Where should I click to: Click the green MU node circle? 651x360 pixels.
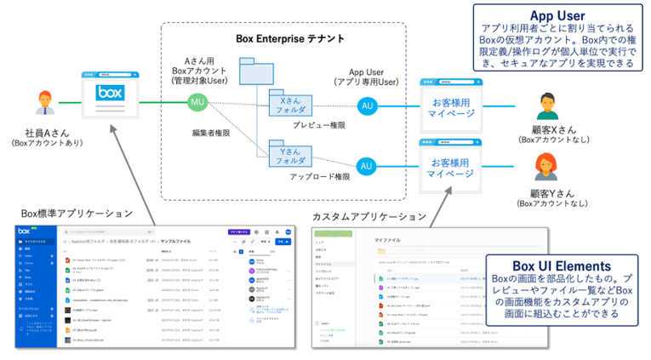pyautogui.click(x=197, y=104)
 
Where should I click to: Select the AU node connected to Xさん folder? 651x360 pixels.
pyautogui.click(x=366, y=106)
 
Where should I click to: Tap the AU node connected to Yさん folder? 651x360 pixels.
pyautogui.click(x=366, y=165)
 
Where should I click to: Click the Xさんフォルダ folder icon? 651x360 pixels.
pyautogui.click(x=289, y=104)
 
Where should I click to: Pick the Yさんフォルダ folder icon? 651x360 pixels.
pyautogui.click(x=289, y=155)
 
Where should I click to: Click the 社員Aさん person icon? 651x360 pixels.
pyautogui.click(x=45, y=103)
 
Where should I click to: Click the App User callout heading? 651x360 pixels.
pyautogui.click(x=557, y=15)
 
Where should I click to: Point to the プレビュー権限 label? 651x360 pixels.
pyautogui.click(x=319, y=125)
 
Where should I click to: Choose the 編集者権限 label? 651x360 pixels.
pyautogui.click(x=214, y=133)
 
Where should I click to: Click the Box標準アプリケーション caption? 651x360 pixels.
pyautogui.click(x=77, y=213)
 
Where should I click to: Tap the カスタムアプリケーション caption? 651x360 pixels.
pyautogui.click(x=369, y=216)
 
